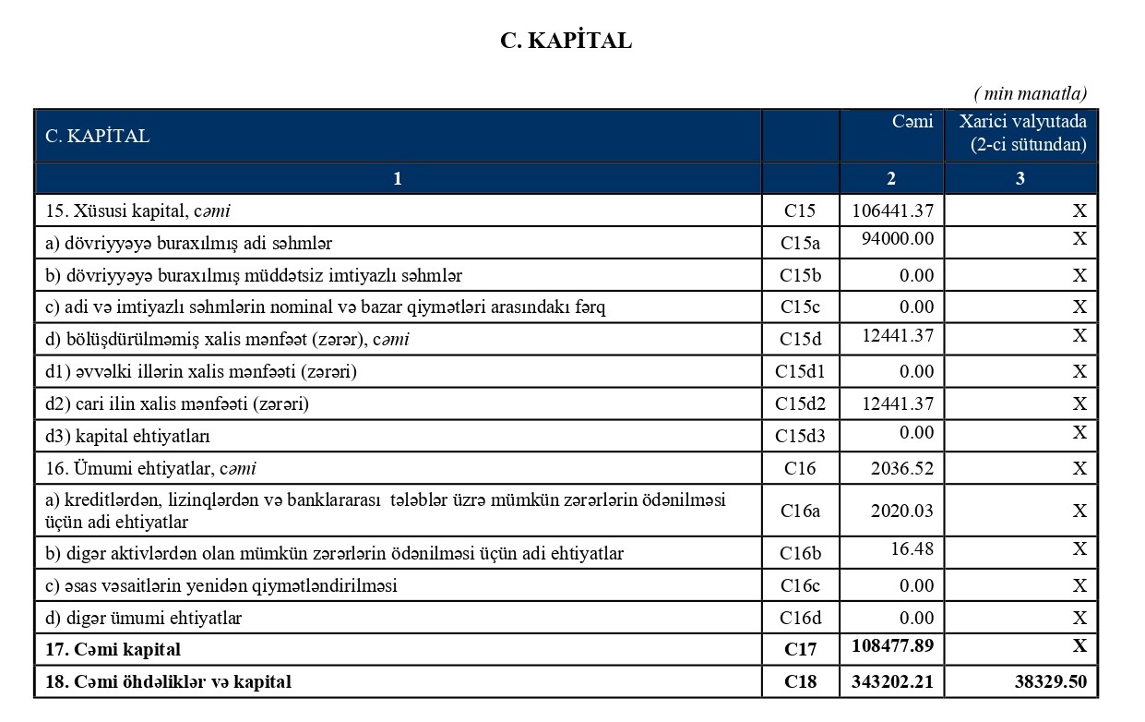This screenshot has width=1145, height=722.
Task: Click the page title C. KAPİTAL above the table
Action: pos(566,41)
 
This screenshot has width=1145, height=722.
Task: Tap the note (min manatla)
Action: pos(1030,93)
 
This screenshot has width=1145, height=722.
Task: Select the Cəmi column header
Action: pos(912,122)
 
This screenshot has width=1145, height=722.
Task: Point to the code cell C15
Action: pos(800,211)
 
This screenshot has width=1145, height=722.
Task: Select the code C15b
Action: pos(800,275)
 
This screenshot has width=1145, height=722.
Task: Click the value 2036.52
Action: pos(902,468)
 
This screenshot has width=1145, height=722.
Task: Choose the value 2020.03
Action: pos(902,511)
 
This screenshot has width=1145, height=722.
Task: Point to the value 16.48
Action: pos(912,549)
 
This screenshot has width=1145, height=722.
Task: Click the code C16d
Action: pos(800,618)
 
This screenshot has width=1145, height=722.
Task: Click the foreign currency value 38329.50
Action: pos(1050,683)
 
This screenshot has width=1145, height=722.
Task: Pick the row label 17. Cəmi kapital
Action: pos(113,650)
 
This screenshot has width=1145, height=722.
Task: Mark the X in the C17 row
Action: pos(1079,645)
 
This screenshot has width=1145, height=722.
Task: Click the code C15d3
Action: pos(800,435)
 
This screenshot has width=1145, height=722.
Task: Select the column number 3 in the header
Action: pos(1020,179)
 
